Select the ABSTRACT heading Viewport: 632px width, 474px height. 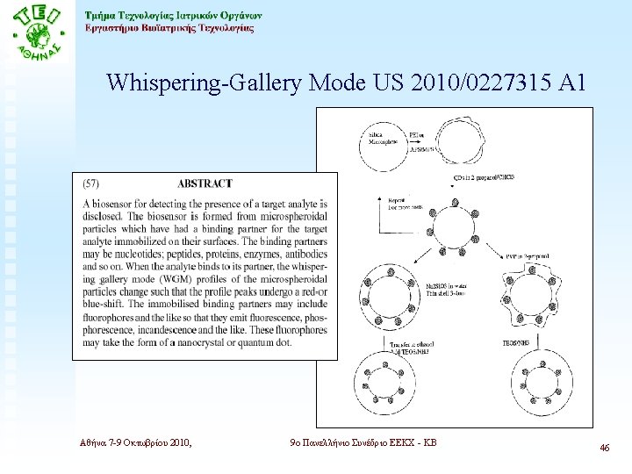(205, 184)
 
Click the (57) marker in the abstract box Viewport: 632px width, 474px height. (90, 184)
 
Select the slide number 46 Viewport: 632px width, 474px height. (604, 448)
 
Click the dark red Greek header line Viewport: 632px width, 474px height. (169, 28)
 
